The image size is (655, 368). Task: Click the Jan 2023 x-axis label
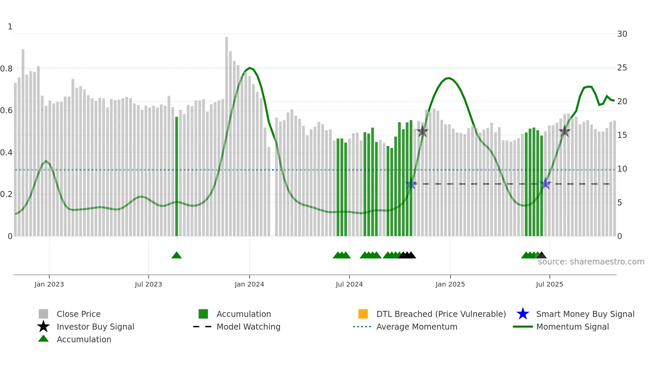pos(49,284)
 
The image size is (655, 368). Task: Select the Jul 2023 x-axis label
pos(148,284)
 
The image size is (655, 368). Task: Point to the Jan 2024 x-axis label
pos(249,284)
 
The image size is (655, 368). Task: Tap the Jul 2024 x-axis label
pos(349,284)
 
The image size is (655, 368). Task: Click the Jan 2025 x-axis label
pos(450,284)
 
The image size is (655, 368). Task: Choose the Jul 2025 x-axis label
pos(549,284)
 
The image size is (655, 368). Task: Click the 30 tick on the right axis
pos(622,34)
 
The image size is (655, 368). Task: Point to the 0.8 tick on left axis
pos(6,69)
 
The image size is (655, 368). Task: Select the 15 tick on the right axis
pos(622,135)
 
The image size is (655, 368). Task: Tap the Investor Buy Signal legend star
pos(43,327)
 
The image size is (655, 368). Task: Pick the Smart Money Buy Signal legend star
pos(523,314)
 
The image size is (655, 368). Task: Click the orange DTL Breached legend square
pos(363,314)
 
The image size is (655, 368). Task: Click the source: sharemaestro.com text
pos(591,262)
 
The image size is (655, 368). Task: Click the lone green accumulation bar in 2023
pos(176,177)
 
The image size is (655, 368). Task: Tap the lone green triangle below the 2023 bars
pos(176,255)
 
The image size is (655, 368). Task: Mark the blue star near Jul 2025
pos(545,183)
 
